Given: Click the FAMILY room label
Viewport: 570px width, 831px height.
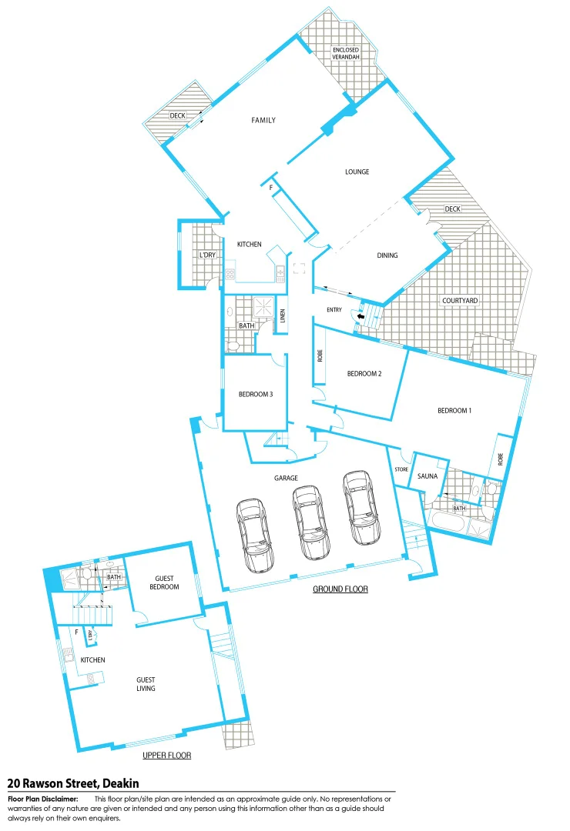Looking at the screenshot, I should (263, 120).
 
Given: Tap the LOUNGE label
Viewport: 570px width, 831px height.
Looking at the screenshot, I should (357, 172).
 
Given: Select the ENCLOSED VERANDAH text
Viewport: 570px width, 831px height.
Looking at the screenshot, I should (346, 54).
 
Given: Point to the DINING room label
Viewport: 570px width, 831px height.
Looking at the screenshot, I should (387, 255).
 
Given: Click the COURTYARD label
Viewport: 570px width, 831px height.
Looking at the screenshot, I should (460, 300).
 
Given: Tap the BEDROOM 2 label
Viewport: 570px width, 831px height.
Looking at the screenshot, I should (364, 374).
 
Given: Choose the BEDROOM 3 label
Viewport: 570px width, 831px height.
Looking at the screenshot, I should (256, 394).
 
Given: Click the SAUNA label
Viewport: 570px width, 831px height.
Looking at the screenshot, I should (427, 476).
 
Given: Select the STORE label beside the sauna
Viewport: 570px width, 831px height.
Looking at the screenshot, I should (401, 469).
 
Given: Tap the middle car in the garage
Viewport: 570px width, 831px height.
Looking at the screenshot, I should (310, 522).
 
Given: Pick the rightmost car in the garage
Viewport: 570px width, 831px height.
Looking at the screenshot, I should (362, 508).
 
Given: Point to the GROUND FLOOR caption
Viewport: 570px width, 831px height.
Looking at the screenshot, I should (340, 589).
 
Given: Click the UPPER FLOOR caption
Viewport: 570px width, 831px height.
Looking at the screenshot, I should (166, 756).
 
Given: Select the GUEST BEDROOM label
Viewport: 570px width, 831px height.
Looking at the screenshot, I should (166, 582).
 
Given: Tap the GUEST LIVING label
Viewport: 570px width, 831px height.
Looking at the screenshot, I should (146, 684).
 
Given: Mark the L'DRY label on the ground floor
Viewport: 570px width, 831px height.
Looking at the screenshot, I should (206, 255).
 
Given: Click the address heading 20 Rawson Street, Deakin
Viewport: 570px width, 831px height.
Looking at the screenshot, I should (73, 783).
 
